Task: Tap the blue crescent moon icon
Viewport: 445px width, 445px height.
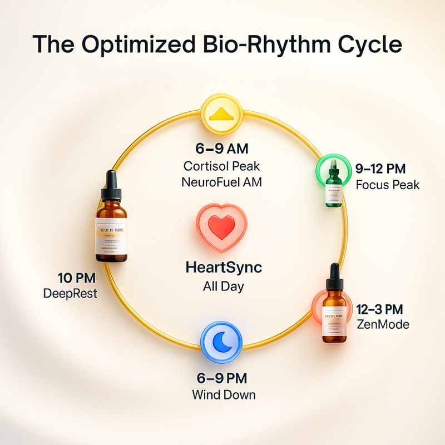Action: click(x=221, y=341)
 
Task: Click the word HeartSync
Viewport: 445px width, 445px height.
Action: click(x=222, y=268)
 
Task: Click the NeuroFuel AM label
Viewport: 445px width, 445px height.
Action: click(x=222, y=181)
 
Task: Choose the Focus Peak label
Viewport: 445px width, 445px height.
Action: click(x=387, y=184)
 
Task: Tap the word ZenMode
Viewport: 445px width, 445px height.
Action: click(x=382, y=324)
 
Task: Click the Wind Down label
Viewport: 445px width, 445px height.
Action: click(x=224, y=395)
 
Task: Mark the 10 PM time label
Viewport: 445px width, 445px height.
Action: click(x=77, y=277)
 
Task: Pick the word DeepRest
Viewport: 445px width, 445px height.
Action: click(x=70, y=293)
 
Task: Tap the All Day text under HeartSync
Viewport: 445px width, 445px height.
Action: click(x=222, y=287)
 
